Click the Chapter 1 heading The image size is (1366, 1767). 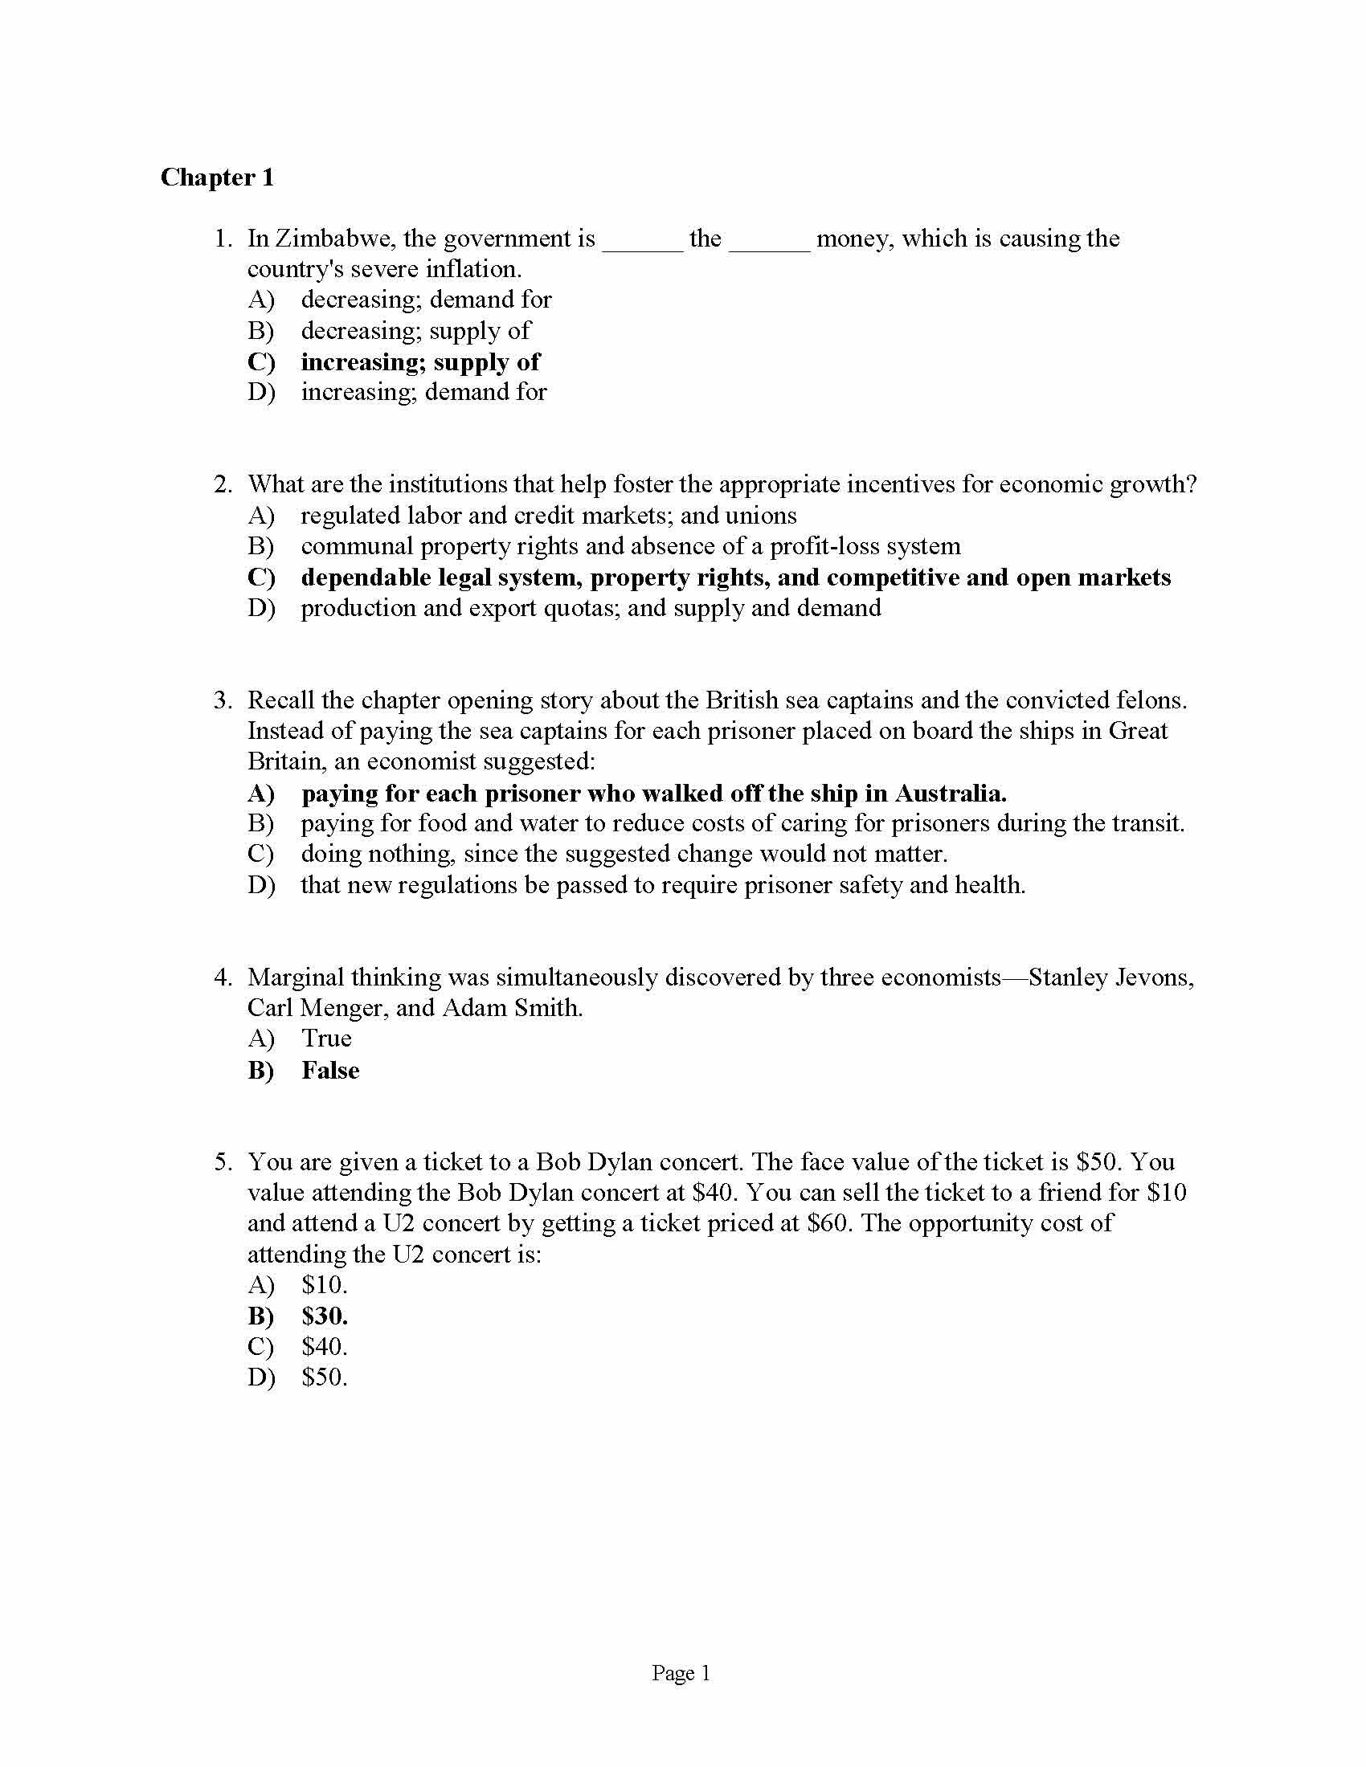(217, 178)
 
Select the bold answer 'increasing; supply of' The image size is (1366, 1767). (420, 361)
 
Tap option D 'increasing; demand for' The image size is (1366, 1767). (423, 393)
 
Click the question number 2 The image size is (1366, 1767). (223, 484)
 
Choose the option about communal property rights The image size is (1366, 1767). (630, 547)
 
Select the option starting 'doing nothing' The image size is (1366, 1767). (623, 855)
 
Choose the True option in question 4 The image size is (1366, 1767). (326, 1039)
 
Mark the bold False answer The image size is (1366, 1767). (330, 1071)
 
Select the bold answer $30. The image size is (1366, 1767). (324, 1317)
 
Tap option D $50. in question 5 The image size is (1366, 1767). (324, 1378)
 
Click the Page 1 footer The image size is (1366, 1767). (681, 1674)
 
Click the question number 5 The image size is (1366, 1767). (223, 1163)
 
